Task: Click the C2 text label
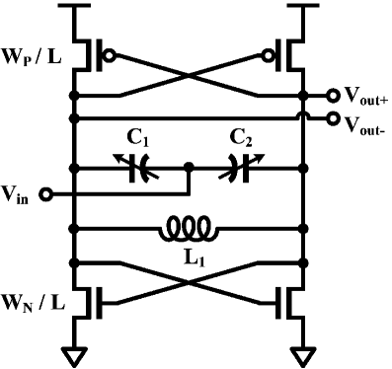pyautogui.click(x=241, y=140)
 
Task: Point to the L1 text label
pyautogui.click(x=191, y=258)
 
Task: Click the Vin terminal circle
pyautogui.click(x=45, y=193)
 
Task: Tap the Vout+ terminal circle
pyautogui.click(x=334, y=97)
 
